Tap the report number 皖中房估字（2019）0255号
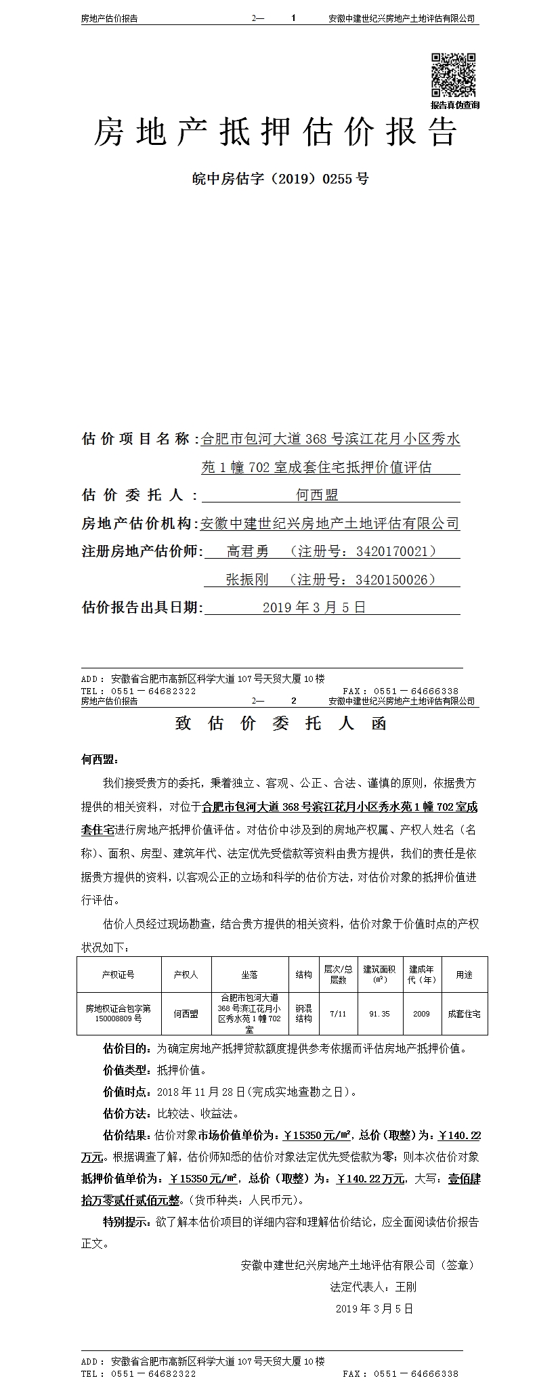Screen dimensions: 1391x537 pos(280,179)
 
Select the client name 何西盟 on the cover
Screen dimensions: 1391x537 pos(317,495)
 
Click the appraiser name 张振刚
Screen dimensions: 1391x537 pos(247,579)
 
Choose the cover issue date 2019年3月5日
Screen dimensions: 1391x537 pos(314,607)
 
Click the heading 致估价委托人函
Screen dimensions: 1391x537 pos(280,723)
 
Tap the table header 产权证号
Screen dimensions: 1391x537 pos(118,975)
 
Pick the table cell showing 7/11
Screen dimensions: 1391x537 pos(337,1014)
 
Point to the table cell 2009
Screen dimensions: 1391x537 pos(421,1014)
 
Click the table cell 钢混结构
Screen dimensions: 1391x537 pos(303,1014)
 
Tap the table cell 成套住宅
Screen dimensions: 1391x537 pos(464,1014)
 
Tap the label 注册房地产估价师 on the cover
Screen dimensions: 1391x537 pos(141,551)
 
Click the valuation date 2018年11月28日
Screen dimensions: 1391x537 pos(200,1092)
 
